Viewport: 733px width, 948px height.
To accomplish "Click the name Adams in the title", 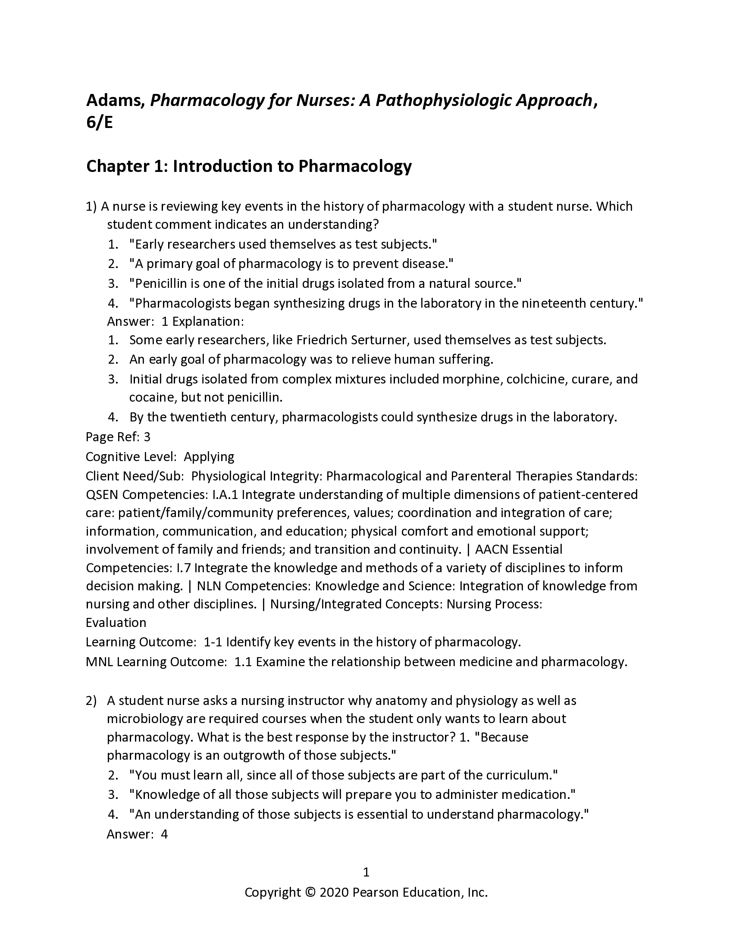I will tap(115, 101).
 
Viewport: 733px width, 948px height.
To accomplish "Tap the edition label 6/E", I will tap(100, 123).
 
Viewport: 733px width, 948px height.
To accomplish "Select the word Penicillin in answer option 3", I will tap(160, 284).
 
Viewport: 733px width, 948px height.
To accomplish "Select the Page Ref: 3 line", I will tap(118, 437).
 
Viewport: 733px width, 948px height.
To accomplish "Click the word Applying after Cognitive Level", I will tap(209, 456).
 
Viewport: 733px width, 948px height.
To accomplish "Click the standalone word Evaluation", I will tap(116, 623).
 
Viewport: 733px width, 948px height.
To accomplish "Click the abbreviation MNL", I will tap(100, 661).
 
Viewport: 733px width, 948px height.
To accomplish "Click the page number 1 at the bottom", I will tap(366, 872).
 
